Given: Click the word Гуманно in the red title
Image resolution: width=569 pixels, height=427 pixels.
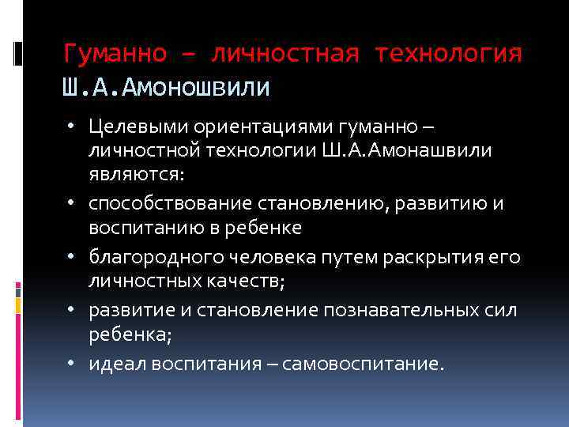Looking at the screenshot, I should (x=115, y=54).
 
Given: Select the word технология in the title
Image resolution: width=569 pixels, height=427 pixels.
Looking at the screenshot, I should (x=449, y=54).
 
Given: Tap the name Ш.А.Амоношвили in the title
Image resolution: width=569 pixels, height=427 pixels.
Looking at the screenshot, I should (x=166, y=85).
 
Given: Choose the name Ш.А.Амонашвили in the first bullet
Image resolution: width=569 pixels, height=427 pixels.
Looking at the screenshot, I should (x=424, y=151).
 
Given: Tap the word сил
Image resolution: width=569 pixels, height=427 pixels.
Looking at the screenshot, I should (x=503, y=310).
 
